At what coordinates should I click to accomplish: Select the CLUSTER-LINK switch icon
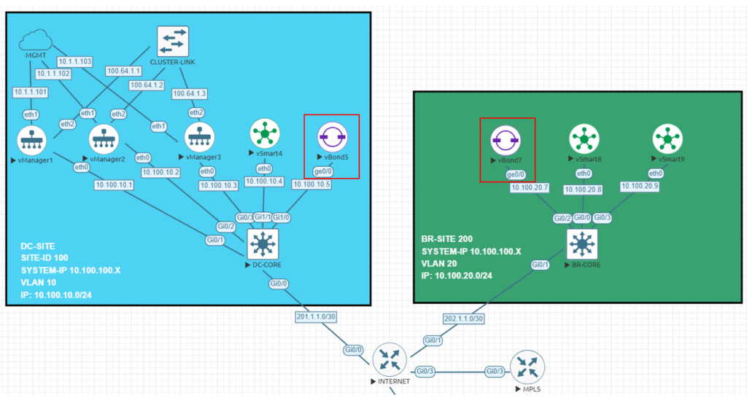pyautogui.click(x=173, y=42)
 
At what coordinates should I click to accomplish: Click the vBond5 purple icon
pyautogui.click(x=332, y=136)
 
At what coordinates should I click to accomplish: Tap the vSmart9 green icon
pyautogui.click(x=667, y=137)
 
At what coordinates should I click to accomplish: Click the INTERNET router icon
pyautogui.click(x=389, y=359)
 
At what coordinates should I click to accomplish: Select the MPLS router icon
pyautogui.click(x=525, y=367)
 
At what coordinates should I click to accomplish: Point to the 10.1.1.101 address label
pyautogui.click(x=30, y=93)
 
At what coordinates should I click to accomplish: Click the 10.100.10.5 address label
pyautogui.click(x=311, y=185)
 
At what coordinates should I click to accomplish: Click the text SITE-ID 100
pyautogui.click(x=44, y=257)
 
